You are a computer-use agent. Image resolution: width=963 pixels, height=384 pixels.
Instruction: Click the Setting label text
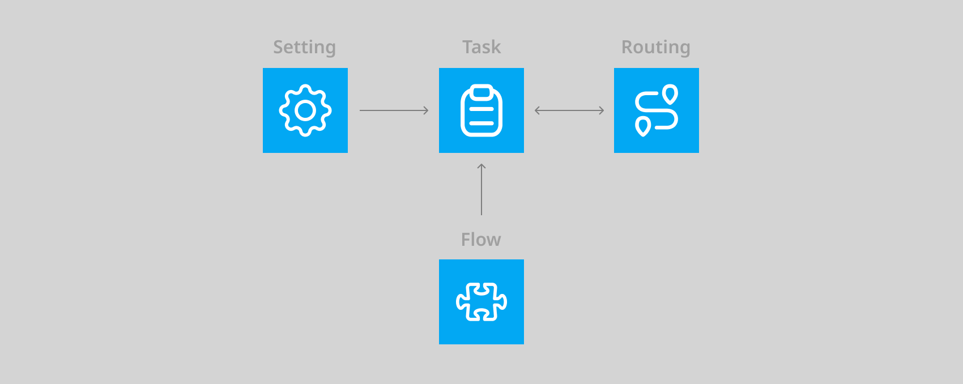click(304, 47)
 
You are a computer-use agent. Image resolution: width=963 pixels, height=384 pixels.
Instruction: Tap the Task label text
click(482, 47)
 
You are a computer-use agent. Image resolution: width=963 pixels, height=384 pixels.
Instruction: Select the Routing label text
click(655, 47)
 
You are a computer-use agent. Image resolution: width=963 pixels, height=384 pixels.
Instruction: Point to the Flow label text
click(481, 240)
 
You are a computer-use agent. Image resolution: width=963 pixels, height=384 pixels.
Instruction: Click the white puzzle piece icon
click(482, 302)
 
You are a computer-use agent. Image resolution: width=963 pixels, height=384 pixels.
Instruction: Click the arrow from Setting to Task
click(394, 110)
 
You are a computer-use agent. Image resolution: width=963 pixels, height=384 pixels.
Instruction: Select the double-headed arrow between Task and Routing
click(569, 110)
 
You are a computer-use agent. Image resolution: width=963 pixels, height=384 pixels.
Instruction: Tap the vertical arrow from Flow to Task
click(482, 190)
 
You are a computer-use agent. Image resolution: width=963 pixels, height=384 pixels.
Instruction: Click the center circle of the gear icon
click(305, 110)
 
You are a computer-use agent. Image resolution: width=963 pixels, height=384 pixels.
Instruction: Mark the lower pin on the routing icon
click(643, 126)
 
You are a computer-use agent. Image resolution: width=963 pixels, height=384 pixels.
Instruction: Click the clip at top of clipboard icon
click(482, 91)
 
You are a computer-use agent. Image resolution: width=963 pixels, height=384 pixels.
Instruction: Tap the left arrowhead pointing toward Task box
click(537, 110)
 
